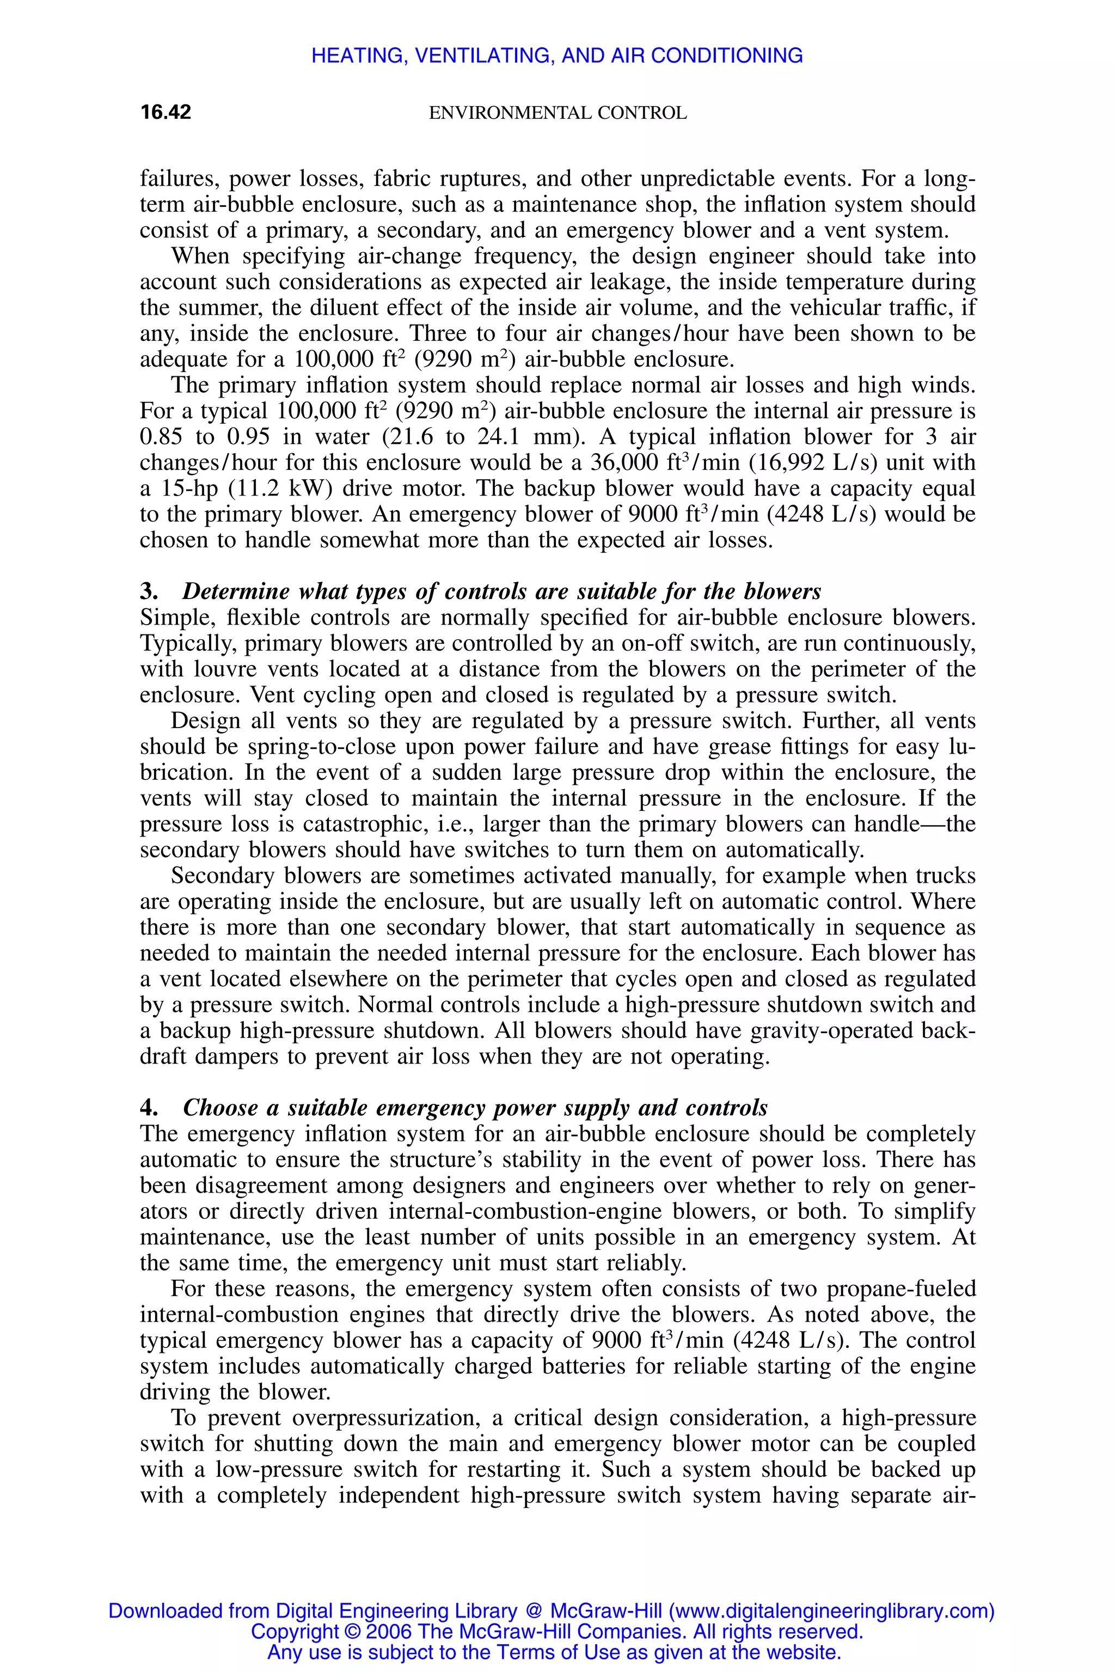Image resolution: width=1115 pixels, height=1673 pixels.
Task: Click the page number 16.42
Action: [166, 112]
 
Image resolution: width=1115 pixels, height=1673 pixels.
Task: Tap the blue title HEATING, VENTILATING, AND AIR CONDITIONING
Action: [557, 56]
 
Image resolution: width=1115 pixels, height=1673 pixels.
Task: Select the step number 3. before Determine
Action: [149, 592]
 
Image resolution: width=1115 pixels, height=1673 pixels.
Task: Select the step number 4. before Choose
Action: [149, 1108]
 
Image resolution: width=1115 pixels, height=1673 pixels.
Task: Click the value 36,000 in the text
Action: [623, 463]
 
